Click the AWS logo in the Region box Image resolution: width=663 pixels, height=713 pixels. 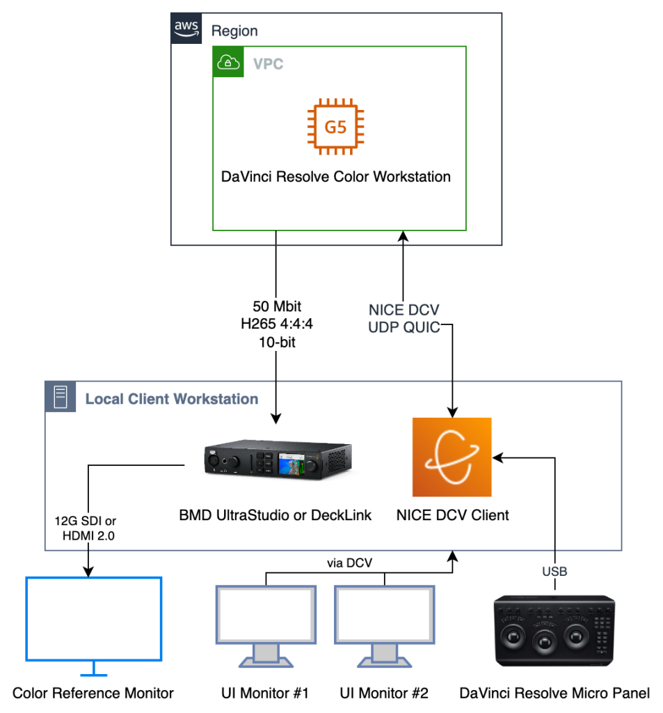coord(186,29)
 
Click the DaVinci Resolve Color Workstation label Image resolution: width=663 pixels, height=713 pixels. coord(336,176)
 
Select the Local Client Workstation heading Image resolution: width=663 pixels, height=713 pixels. coord(172,399)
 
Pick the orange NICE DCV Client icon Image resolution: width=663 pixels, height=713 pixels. coord(452,457)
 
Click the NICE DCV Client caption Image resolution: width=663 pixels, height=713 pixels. coord(452,515)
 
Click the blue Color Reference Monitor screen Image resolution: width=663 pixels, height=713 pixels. coord(93,618)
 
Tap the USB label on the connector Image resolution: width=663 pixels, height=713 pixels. coord(555,572)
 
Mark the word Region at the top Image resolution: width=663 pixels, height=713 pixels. coord(234,31)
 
